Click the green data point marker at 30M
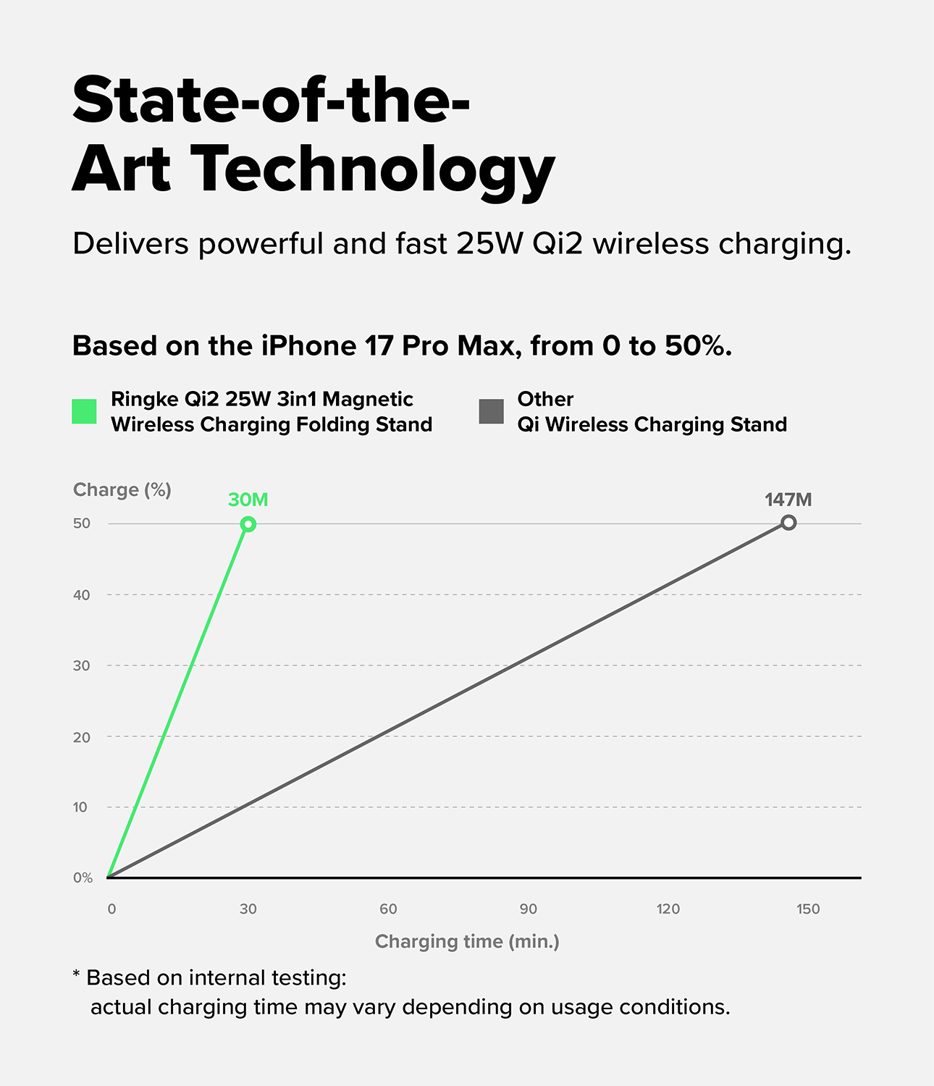pos(248,524)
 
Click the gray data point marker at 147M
pos(788,523)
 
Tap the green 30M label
pos(248,500)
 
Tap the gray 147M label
pos(788,500)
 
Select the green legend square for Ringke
pos(85,411)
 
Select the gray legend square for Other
pos(492,411)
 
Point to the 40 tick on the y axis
pos(82,595)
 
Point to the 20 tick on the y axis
pos(82,737)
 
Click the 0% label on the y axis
pos(83,877)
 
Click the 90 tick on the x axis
pos(528,909)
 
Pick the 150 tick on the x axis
pos(808,909)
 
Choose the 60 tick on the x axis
pos(388,909)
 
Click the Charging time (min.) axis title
pos(467,941)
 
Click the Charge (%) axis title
pos(122,490)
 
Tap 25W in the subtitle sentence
pos(489,244)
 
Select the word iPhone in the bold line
pos(308,346)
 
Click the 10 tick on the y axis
pos(80,807)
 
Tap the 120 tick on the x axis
pos(668,909)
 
